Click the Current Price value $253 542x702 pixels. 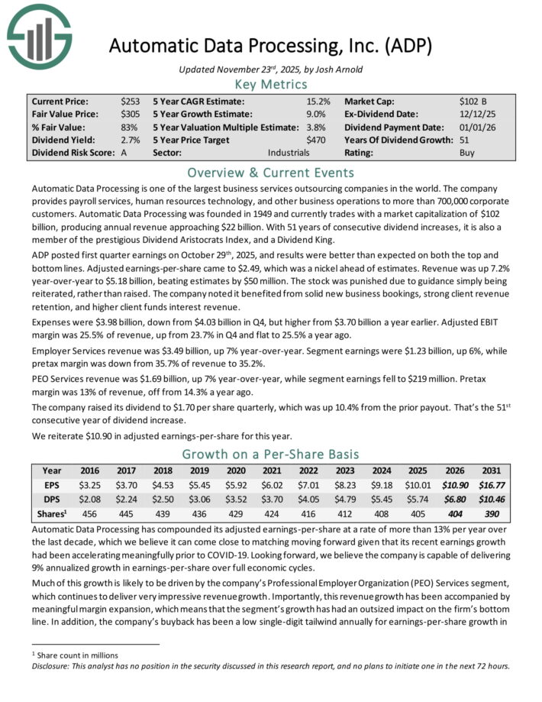(131, 101)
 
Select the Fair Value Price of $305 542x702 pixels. (131, 114)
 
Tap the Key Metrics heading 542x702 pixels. (270, 85)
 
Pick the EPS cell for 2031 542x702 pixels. (494, 484)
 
